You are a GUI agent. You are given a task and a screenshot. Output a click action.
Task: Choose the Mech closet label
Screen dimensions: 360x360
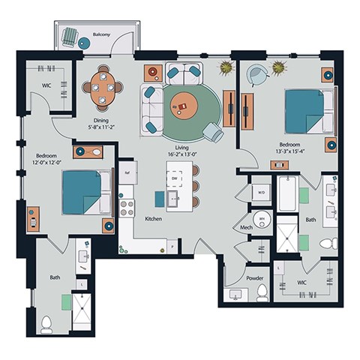coord(245,226)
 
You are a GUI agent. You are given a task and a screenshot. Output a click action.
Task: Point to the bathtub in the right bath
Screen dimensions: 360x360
coord(288,194)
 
